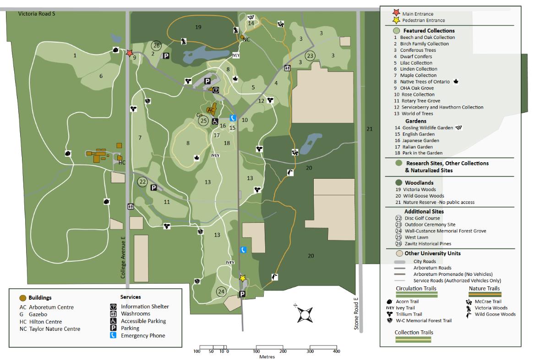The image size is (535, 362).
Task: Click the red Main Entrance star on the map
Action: pyautogui.click(x=130, y=53)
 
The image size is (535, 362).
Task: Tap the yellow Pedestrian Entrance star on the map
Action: pyautogui.click(x=242, y=278)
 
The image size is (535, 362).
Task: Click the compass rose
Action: pyautogui.click(x=304, y=314)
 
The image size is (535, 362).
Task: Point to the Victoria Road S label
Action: pyautogui.click(x=37, y=14)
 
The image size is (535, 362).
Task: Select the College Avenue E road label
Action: pyautogui.click(x=123, y=258)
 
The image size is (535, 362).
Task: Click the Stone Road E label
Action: pyautogui.click(x=355, y=313)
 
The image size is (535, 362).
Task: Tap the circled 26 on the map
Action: pyautogui.click(x=157, y=45)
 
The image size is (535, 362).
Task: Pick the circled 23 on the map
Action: pyautogui.click(x=311, y=56)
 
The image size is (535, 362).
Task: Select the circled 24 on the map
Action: pyautogui.click(x=221, y=291)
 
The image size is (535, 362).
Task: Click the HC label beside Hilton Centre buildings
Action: pyautogui.click(x=122, y=162)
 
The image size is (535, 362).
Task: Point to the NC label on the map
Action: pyautogui.click(x=246, y=39)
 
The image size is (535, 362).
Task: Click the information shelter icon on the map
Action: pyautogui.click(x=216, y=90)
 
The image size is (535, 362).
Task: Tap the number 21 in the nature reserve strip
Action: pyautogui.click(x=370, y=129)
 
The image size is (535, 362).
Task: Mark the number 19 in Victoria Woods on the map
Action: pyautogui.click(x=198, y=27)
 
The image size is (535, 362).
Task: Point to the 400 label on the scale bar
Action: pyautogui.click(x=336, y=351)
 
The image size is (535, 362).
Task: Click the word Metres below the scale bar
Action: pyautogui.click(x=267, y=357)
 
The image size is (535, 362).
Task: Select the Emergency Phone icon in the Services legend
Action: pyautogui.click(x=113, y=336)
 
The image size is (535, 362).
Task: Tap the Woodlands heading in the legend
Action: pyautogui.click(x=419, y=182)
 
